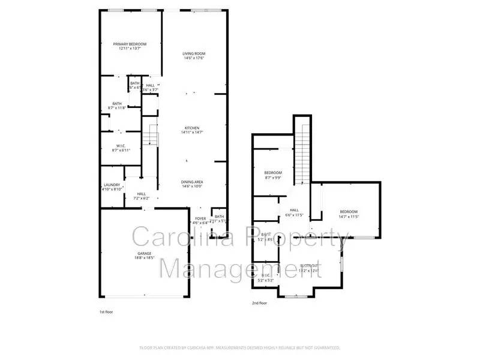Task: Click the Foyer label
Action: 200,220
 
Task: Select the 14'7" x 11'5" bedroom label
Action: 349,214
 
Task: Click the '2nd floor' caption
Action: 259,304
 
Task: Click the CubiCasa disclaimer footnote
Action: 240,347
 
